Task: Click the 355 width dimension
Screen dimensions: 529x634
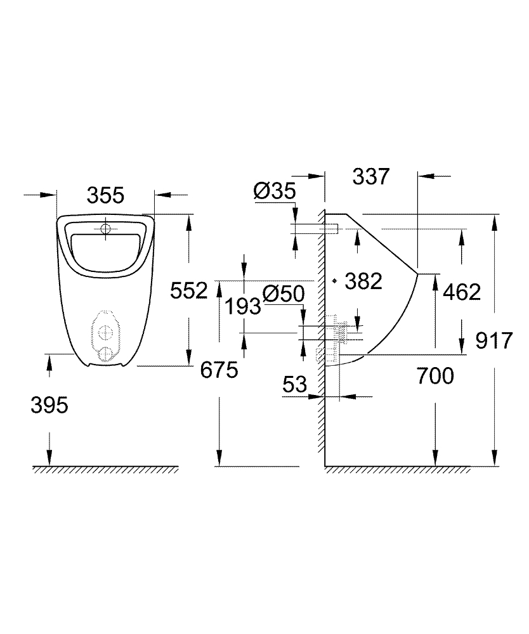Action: pos(105,195)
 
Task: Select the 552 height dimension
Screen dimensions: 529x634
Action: pos(190,291)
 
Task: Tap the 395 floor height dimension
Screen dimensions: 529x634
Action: pos(49,405)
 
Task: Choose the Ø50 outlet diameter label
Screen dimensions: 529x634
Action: pos(284,294)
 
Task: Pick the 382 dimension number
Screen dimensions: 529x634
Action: pos(364,281)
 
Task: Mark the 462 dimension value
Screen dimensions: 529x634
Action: pos(462,292)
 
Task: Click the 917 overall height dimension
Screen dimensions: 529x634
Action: pos(493,341)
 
